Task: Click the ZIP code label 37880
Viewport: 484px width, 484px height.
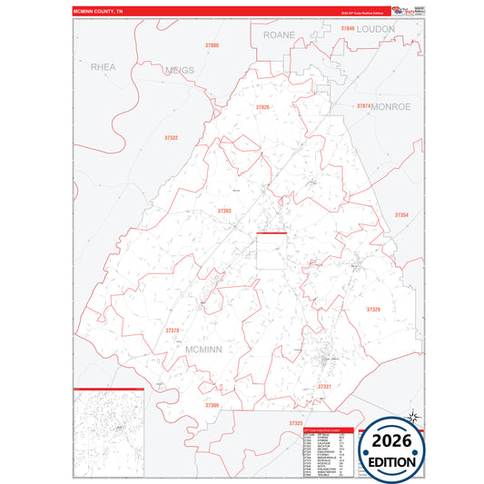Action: click(212, 44)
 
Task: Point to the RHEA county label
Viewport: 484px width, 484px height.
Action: click(104, 66)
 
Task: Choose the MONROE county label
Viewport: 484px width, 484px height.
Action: click(391, 106)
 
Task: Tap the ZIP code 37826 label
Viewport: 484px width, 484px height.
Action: click(262, 107)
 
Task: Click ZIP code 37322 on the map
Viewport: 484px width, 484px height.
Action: click(171, 138)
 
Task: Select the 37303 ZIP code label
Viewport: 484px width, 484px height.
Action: click(224, 211)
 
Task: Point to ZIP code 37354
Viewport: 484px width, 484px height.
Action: click(401, 215)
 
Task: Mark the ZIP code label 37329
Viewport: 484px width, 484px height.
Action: click(373, 310)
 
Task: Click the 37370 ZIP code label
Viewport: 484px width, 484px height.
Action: click(173, 331)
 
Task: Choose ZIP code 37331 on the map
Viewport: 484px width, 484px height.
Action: click(324, 387)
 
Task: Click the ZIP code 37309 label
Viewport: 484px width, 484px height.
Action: click(212, 405)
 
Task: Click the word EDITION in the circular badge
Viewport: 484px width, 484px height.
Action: click(392, 461)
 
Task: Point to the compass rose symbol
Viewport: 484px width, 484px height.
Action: click(413, 418)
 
